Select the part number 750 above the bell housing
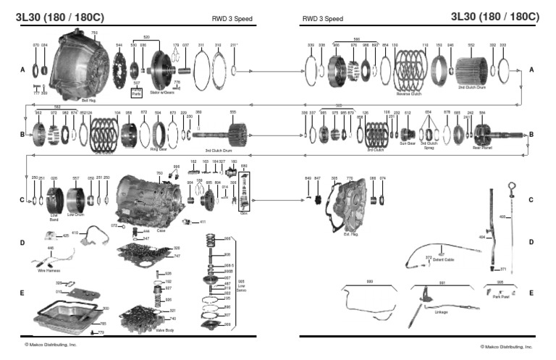click(94, 33)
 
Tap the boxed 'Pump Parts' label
click(136, 93)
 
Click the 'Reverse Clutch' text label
click(409, 94)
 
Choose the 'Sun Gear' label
click(408, 143)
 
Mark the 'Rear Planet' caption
click(482, 147)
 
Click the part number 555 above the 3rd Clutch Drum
click(232, 112)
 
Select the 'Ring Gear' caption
click(159, 148)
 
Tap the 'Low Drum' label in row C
click(75, 215)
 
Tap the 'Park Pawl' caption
click(500, 296)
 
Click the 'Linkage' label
click(441, 313)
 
